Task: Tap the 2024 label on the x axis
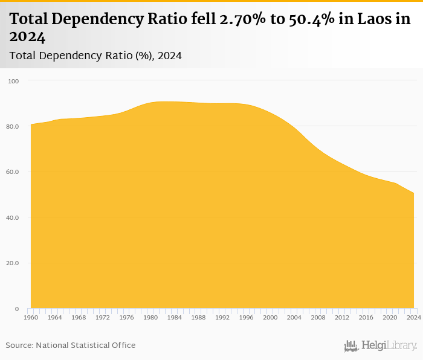coord(414,317)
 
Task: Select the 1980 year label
coord(150,317)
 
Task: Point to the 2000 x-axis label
coord(270,317)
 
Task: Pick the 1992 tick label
coord(222,317)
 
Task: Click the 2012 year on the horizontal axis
coord(342,317)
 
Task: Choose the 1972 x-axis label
coord(102,317)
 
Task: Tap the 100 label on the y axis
coord(14,81)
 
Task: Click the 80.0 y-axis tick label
coord(13,126)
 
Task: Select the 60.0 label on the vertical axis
coord(13,172)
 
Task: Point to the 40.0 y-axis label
coord(13,217)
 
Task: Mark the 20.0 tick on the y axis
coord(13,263)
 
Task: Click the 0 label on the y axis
coord(17,309)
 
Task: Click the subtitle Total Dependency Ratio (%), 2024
coord(95,56)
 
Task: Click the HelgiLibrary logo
coord(381,346)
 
